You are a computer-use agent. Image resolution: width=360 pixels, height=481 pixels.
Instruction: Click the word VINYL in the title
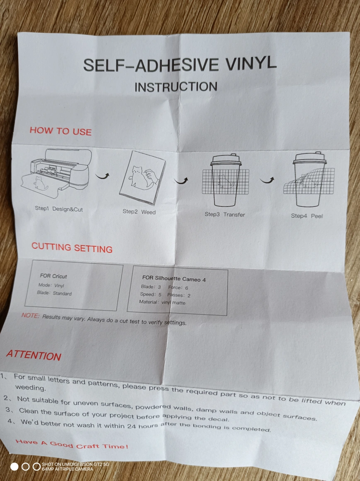point(251,63)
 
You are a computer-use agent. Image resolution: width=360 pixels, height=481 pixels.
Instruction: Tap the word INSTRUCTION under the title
point(176,87)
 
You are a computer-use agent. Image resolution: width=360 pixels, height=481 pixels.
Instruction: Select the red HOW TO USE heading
point(61,131)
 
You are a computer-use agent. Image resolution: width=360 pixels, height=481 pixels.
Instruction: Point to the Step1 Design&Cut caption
point(58,209)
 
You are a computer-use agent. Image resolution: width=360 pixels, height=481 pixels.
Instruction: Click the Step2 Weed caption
point(139,211)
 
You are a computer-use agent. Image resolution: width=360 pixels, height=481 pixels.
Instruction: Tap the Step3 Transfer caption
point(225,214)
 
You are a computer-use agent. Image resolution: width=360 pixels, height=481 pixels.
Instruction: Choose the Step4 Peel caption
point(306,216)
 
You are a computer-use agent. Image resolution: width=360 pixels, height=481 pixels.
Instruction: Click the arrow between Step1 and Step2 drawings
point(102,176)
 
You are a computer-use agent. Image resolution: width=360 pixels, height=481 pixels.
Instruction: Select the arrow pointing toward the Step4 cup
point(267,180)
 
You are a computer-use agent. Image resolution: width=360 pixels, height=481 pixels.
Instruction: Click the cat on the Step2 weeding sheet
point(140,177)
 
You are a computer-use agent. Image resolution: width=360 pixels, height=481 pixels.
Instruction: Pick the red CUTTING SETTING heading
point(72,248)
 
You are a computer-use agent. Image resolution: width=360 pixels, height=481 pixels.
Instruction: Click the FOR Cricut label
point(54,276)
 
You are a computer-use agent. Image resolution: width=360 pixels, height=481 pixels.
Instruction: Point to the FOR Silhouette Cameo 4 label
point(174,279)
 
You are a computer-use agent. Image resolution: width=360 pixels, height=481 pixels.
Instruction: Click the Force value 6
point(187,288)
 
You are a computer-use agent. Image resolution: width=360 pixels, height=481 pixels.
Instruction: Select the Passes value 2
point(189,296)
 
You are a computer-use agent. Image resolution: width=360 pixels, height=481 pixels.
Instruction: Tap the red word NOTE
point(30,316)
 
